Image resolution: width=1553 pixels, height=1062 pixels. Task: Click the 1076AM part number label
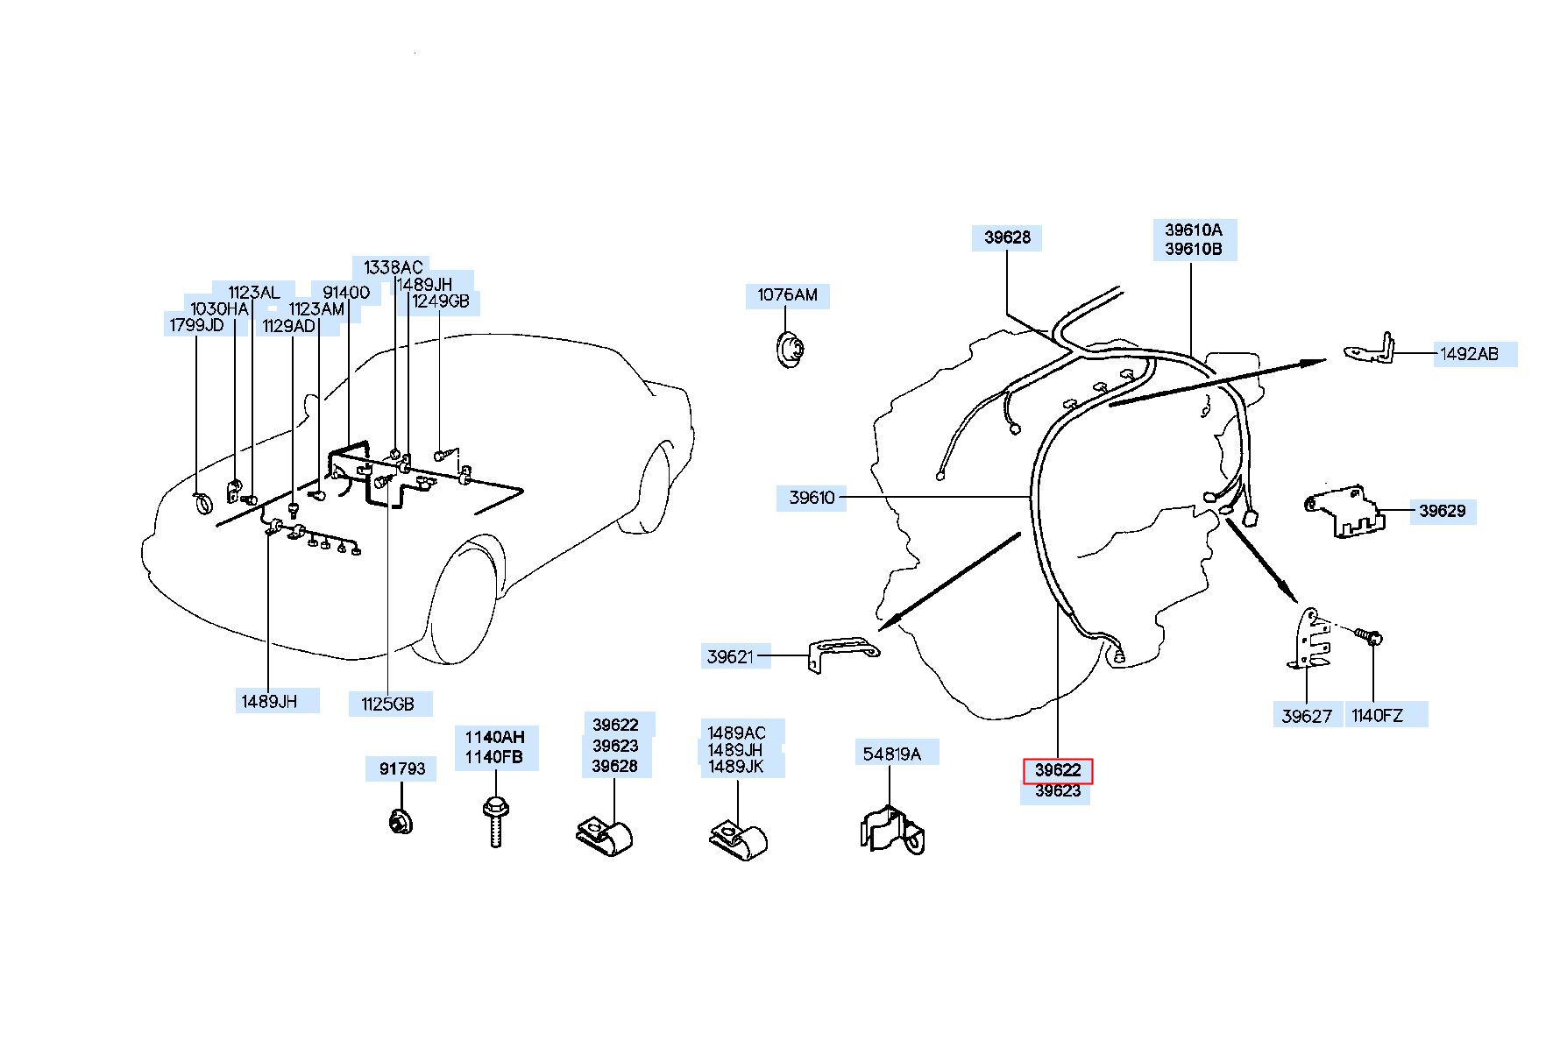click(787, 295)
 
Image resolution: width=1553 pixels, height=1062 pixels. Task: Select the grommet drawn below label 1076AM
click(791, 350)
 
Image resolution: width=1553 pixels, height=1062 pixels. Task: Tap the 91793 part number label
click(401, 769)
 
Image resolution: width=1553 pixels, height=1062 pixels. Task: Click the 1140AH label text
click(494, 738)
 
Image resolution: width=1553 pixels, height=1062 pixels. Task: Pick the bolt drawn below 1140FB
click(494, 820)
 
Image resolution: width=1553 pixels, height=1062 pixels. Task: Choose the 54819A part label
click(892, 754)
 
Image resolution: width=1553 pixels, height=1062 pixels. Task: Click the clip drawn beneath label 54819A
click(892, 831)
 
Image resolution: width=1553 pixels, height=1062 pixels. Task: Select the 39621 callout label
click(730, 656)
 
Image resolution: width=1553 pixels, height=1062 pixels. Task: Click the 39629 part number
click(1442, 511)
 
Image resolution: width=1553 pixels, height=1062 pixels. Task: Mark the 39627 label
click(1306, 716)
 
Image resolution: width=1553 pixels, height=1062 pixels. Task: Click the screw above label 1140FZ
click(1368, 635)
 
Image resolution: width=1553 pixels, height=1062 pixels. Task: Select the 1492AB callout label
click(1469, 355)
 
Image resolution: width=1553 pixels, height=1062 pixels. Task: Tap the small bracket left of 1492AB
click(1369, 349)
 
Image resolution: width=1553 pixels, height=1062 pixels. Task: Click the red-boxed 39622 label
click(1058, 771)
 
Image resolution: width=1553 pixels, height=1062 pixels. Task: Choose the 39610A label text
click(1193, 230)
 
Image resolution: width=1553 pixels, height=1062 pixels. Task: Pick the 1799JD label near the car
click(196, 326)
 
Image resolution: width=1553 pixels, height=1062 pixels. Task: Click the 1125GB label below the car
click(386, 704)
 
